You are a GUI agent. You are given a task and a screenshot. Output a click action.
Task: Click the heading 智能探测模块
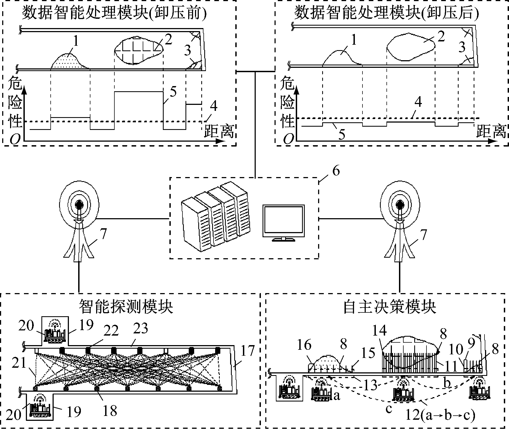click(126, 307)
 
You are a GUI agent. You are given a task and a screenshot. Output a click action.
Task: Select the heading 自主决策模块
click(389, 307)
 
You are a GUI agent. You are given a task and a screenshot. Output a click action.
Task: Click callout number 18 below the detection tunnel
click(110, 410)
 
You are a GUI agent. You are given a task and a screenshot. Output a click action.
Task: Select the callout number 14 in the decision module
click(379, 330)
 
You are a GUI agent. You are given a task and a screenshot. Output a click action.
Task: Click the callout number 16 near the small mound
click(304, 345)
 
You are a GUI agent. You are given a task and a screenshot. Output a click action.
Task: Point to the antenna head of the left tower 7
click(79, 203)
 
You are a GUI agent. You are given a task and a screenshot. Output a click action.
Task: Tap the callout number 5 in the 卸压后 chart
click(342, 134)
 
